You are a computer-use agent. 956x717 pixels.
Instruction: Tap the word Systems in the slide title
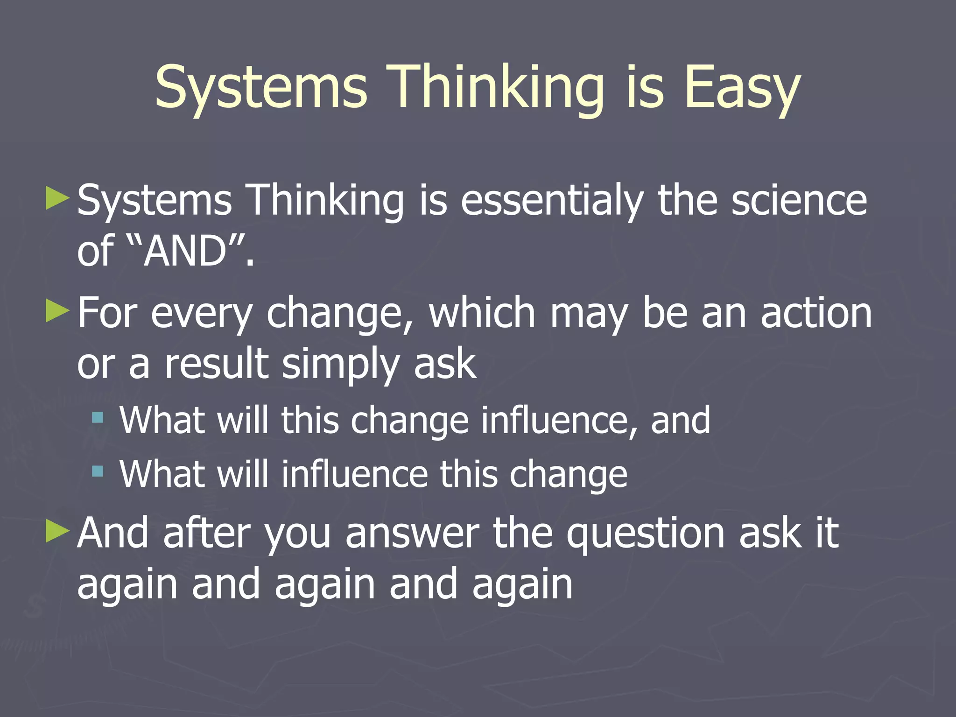click(261, 88)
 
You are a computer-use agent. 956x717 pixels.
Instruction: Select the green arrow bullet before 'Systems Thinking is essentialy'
click(57, 198)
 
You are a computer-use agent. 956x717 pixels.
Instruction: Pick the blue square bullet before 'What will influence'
click(98, 471)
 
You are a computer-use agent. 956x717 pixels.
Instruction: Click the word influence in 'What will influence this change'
click(354, 474)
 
